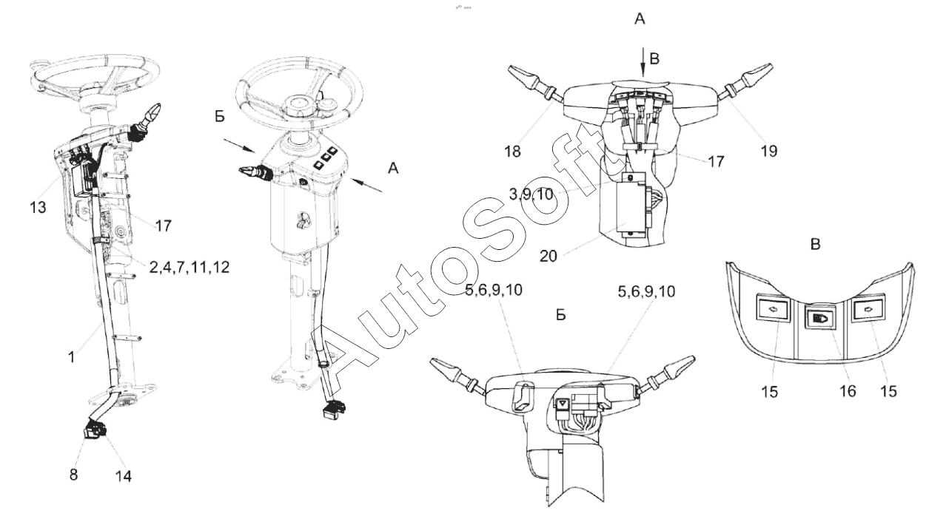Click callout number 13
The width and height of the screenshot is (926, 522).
(x=38, y=207)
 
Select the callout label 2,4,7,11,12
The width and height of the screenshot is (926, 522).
(x=189, y=267)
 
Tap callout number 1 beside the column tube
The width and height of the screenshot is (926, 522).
(x=72, y=357)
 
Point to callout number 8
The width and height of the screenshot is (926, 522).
(x=73, y=475)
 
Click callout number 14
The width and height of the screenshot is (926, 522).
(x=123, y=476)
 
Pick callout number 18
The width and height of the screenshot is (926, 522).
(x=513, y=152)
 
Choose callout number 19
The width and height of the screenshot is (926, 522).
(x=769, y=151)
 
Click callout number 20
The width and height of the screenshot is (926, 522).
(x=548, y=256)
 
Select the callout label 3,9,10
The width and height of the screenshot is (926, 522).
(x=531, y=194)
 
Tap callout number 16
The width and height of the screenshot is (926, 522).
(x=848, y=390)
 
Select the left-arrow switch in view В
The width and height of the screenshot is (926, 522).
(x=773, y=308)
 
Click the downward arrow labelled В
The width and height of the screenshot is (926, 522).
(x=643, y=62)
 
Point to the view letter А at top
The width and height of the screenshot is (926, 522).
(x=640, y=18)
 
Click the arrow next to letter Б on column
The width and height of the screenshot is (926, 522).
(x=240, y=146)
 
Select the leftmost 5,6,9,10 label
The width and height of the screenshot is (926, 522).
(x=494, y=290)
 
